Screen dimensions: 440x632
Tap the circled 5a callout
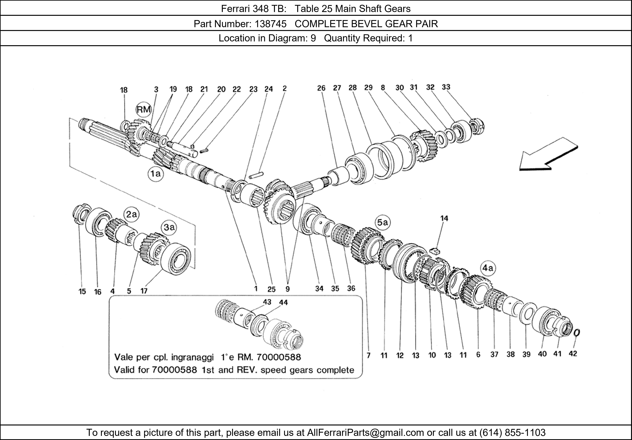point(382,223)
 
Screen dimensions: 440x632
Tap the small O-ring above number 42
point(577,333)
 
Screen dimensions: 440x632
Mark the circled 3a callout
point(169,227)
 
